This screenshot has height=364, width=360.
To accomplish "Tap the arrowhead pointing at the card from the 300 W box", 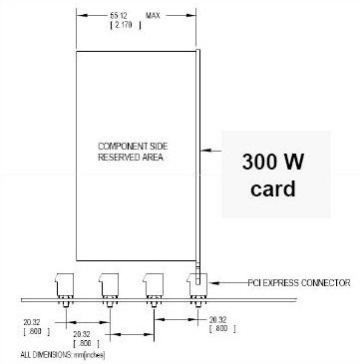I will click(205, 152).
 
